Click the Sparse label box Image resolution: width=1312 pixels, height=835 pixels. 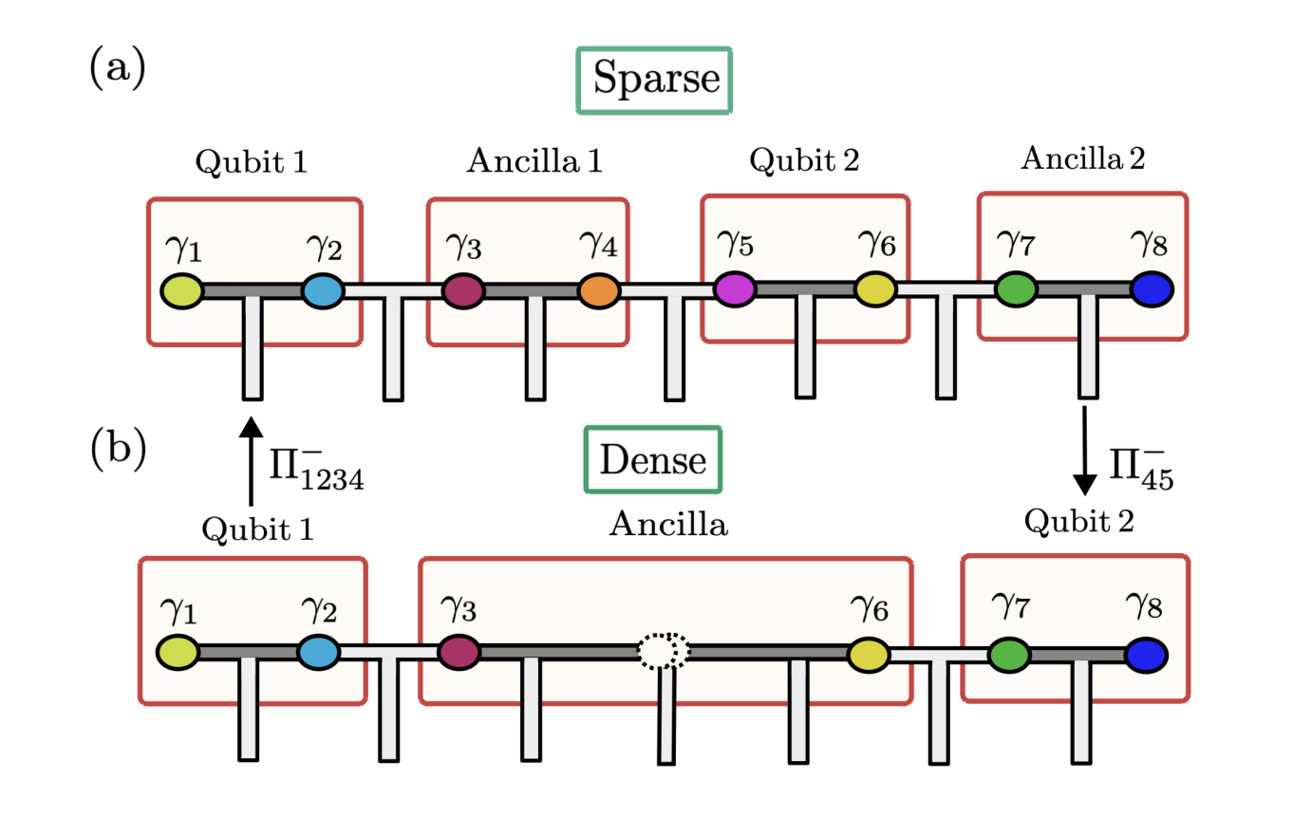click(x=654, y=81)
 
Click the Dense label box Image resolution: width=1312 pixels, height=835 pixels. click(x=653, y=460)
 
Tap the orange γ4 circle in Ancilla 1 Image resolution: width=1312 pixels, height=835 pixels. click(x=598, y=291)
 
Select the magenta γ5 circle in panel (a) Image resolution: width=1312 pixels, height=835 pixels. click(x=735, y=288)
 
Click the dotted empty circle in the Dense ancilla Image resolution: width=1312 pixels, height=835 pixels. click(x=663, y=651)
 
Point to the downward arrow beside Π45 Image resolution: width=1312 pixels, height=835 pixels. click(x=1084, y=452)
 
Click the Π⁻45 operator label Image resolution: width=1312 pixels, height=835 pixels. click(x=1141, y=467)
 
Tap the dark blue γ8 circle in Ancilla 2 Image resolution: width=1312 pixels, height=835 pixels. click(x=1152, y=289)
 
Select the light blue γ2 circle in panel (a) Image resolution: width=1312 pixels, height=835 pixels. click(x=323, y=290)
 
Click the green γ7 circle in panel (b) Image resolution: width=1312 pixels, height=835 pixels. click(x=1009, y=655)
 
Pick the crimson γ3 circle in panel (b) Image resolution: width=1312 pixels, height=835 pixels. click(x=459, y=653)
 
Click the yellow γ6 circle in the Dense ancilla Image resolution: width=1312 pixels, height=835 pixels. click(x=868, y=655)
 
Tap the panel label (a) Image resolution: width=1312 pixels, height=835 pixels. click(x=117, y=68)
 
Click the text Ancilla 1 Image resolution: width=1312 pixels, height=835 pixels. click(x=534, y=161)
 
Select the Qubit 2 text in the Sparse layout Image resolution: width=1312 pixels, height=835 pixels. click(x=804, y=160)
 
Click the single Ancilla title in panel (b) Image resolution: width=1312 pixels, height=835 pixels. click(x=668, y=524)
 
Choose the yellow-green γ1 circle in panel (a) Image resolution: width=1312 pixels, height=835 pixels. click(x=181, y=290)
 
